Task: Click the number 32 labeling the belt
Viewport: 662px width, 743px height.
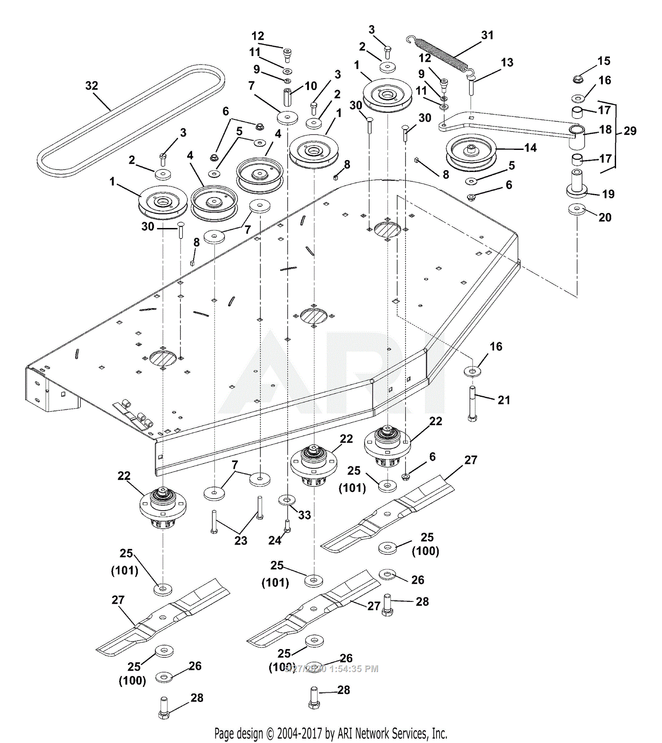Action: click(91, 86)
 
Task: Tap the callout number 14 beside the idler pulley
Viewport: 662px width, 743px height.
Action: click(530, 148)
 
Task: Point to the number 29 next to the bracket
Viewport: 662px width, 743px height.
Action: click(630, 131)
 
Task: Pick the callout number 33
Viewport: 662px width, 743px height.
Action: click(305, 515)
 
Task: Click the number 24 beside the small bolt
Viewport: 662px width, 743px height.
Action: click(275, 540)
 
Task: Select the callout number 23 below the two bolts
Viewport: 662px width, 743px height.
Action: click(241, 541)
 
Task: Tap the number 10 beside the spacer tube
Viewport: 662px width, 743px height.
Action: click(311, 86)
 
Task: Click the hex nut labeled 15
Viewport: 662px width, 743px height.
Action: click(577, 79)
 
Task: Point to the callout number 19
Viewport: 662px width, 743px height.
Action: click(608, 194)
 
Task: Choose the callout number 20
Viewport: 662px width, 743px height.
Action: click(605, 217)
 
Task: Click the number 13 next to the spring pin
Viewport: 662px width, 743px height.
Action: click(507, 63)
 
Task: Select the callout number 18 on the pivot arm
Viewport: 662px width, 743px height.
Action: click(605, 130)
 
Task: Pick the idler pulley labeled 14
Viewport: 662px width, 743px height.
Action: click(471, 151)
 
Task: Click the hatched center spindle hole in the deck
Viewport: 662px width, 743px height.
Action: click(314, 316)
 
